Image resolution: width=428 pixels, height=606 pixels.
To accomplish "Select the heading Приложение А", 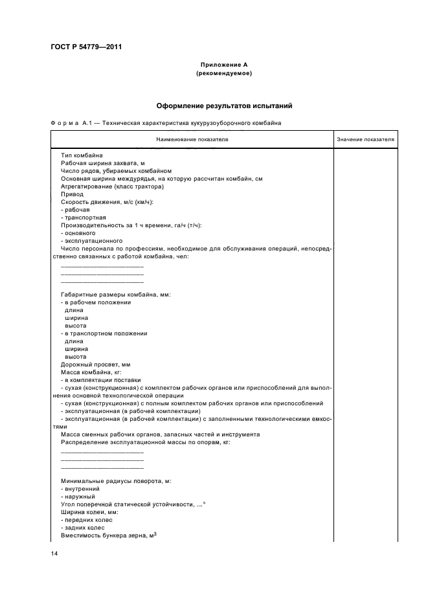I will pos(223,65).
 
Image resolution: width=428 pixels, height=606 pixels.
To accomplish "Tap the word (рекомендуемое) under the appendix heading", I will pos(223,73).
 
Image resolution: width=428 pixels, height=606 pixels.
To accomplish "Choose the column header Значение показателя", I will pos(365,139).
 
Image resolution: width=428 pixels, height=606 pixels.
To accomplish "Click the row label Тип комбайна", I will pos(81,156).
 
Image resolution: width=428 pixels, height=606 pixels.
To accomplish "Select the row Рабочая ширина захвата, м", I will pos(98,164).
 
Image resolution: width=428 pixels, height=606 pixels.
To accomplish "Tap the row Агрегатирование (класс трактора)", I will pos(103,186).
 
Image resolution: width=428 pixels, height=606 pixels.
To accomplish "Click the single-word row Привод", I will pos(72,194).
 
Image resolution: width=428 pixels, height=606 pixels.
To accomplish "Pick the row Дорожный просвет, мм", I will pos(95,365).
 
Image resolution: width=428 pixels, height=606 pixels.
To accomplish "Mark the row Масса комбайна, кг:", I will pos(90,372).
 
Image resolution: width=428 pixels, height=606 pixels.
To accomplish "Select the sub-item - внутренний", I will pos(82,489).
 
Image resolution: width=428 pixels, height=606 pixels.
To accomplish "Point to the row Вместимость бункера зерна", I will pos(109,535).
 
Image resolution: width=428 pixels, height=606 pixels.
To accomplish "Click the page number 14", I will pos(54,554).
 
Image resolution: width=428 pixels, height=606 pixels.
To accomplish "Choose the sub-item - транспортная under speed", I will pos(83,217).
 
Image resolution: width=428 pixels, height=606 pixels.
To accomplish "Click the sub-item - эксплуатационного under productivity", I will pos(87,240).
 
